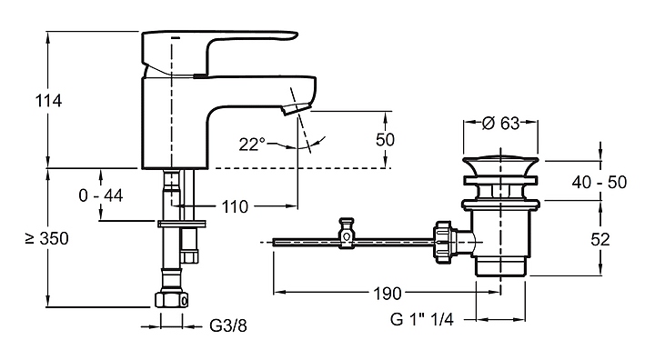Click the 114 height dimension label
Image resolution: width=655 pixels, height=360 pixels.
tap(48, 101)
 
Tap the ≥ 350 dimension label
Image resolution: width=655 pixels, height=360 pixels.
tap(46, 238)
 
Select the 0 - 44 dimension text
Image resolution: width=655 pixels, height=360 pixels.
tap(101, 195)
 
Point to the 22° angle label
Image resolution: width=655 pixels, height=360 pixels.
tap(252, 145)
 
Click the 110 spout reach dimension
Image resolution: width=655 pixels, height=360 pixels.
tap(235, 206)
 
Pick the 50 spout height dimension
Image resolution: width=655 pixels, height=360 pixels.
tap(385, 139)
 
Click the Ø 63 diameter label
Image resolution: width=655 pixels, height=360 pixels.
tap(500, 123)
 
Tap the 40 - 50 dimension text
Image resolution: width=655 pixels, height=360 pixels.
tap(599, 182)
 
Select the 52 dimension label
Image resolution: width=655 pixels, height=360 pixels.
tap(600, 239)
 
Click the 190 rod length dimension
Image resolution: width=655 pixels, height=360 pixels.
tap(387, 294)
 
